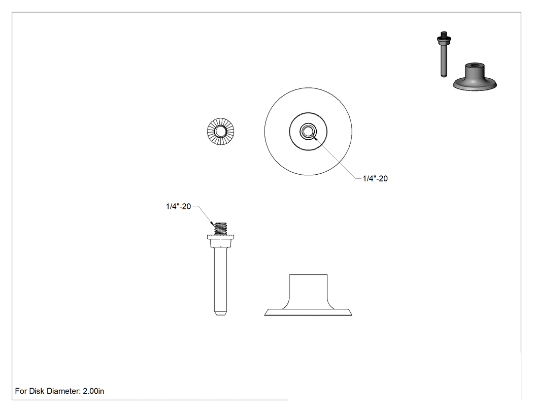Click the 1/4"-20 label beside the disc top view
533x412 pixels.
pos(375,179)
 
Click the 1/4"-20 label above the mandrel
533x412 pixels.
pos(179,207)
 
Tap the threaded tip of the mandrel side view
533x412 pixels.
pos(221,229)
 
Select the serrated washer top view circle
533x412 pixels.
pos(221,132)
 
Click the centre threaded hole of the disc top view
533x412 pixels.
pos(308,132)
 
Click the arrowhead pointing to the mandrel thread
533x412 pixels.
pos(213,224)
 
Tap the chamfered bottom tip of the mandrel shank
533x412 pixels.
pos(221,312)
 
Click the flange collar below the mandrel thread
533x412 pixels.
pos(221,241)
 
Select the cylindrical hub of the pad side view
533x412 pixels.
pos(308,289)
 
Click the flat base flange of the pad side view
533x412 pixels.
pos(308,312)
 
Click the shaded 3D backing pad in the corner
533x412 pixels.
pos(475,77)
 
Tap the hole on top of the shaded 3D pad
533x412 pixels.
pos(475,65)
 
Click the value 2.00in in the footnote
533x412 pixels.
pos(93,391)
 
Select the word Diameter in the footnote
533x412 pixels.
pos(64,391)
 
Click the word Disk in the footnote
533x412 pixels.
pos(37,391)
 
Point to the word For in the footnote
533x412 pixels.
pos(21,391)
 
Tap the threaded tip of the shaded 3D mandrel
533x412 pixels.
pos(444,34)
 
